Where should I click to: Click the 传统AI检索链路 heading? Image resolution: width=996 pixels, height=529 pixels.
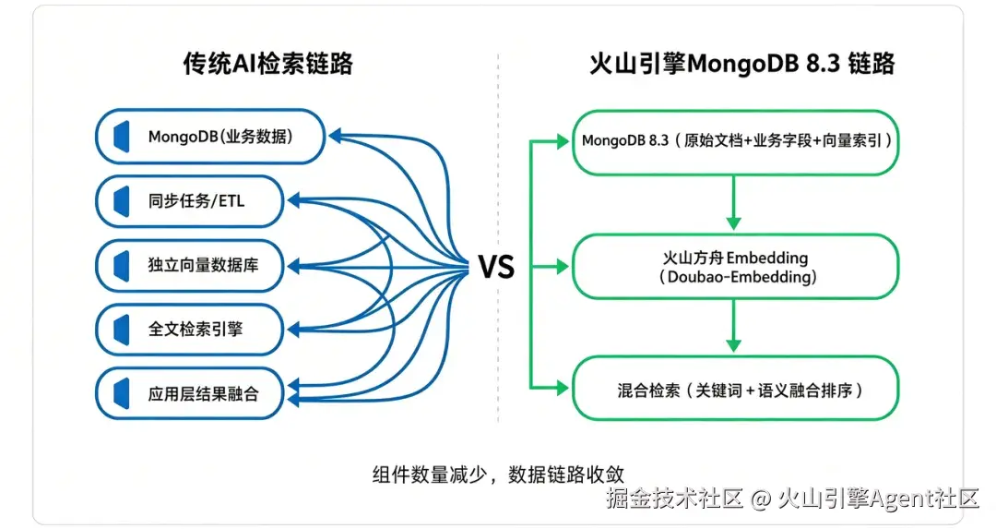(x=267, y=64)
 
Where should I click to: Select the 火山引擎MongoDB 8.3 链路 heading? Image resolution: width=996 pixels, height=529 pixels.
(x=741, y=64)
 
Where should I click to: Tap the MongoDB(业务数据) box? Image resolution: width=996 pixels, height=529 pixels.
(x=210, y=137)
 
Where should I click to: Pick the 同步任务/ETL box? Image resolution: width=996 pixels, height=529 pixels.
(x=189, y=201)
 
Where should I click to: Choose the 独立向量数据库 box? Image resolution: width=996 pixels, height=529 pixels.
(x=189, y=265)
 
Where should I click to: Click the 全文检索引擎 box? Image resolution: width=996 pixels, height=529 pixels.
(x=189, y=330)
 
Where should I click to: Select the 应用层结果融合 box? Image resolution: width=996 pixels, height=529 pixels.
(x=189, y=393)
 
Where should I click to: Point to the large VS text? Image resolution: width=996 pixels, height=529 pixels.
(x=496, y=267)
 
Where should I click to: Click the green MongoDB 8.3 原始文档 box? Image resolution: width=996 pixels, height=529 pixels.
(x=736, y=142)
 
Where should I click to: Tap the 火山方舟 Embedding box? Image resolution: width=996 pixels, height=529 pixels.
(x=736, y=267)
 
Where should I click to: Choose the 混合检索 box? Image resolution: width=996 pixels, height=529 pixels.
(x=736, y=389)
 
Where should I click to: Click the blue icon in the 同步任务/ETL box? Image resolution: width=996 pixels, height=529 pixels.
(x=122, y=201)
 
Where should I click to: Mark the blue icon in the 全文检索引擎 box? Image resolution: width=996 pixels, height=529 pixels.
(x=122, y=330)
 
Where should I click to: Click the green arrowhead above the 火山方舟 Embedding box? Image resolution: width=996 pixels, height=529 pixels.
(x=734, y=223)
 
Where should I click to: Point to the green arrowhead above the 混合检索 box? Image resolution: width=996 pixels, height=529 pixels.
(x=734, y=345)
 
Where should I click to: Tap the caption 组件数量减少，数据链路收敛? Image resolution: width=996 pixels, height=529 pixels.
(x=498, y=475)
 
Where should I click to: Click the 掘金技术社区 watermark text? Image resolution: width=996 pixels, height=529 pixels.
(x=674, y=499)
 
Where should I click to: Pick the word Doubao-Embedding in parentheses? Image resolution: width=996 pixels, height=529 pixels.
(x=738, y=277)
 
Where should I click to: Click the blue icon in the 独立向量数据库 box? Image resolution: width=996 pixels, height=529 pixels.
(x=122, y=265)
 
